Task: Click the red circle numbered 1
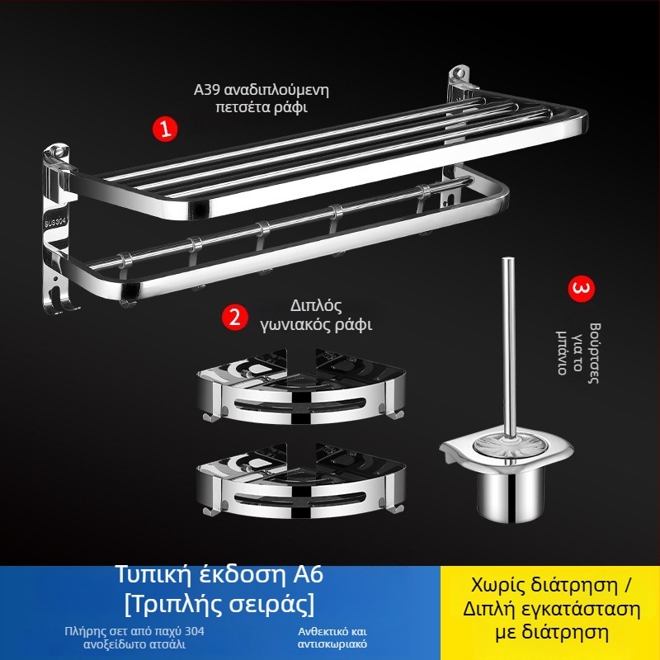[x=165, y=129]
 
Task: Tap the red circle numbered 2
[x=235, y=317]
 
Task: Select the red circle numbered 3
[x=582, y=290]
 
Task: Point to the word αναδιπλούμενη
[x=276, y=91]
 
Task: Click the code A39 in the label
[x=207, y=90]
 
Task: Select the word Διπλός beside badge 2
[x=316, y=306]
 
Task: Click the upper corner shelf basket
[x=300, y=387]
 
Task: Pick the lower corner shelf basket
[x=300, y=482]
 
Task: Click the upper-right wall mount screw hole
[x=460, y=73]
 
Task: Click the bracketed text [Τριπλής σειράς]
[x=219, y=604]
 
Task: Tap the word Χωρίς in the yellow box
[x=498, y=586]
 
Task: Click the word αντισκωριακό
[x=332, y=644]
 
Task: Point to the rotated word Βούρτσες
[x=594, y=353]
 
